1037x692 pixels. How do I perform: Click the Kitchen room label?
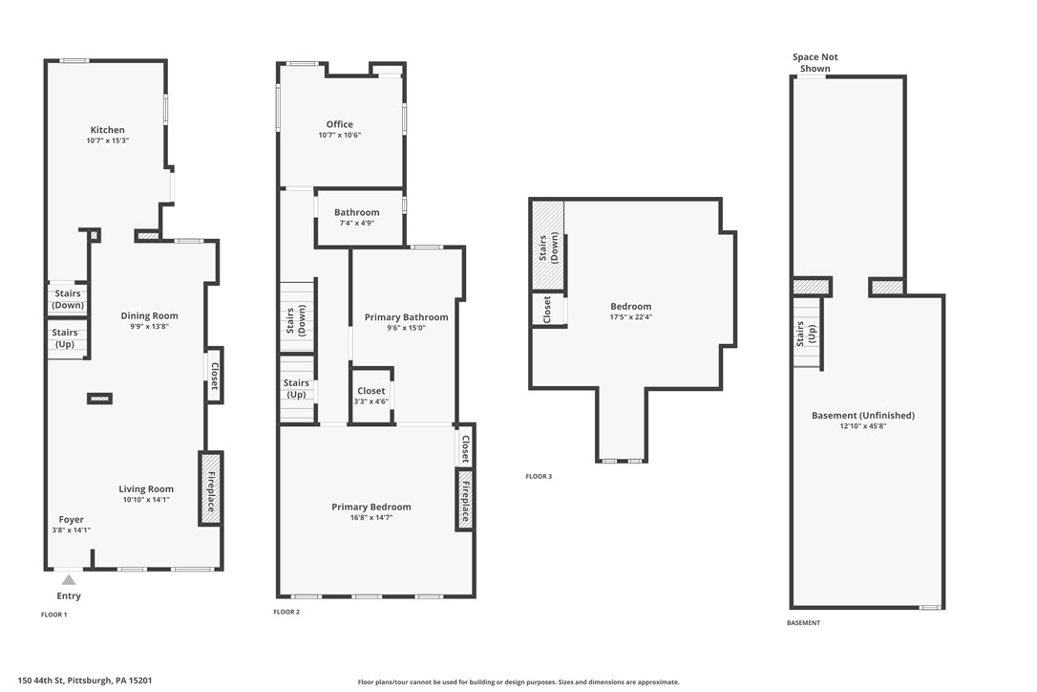click(x=107, y=130)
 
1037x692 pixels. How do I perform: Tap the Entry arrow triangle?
click(x=69, y=580)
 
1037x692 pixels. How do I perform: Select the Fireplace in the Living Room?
click(x=211, y=489)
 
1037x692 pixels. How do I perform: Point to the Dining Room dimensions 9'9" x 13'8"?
click(x=150, y=327)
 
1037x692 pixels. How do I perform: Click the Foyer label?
click(x=72, y=520)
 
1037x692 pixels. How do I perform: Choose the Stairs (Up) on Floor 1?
click(x=67, y=339)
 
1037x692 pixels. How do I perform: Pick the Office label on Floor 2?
click(x=339, y=124)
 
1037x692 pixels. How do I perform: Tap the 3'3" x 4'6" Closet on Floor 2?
click(x=371, y=396)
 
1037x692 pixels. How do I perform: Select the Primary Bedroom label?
click(x=371, y=508)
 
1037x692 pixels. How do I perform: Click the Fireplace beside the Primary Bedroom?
click(x=465, y=500)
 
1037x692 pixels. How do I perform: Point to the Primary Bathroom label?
click(x=406, y=318)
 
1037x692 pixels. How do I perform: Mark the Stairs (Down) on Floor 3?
click(x=547, y=246)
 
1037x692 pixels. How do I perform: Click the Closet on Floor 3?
click(x=548, y=310)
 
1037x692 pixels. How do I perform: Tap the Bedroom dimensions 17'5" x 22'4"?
click(x=631, y=317)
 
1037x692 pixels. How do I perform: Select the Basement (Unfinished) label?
click(x=863, y=416)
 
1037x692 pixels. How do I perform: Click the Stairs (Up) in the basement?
click(x=807, y=334)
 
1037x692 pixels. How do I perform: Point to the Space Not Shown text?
click(x=815, y=63)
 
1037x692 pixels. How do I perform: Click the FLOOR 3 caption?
click(x=539, y=476)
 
